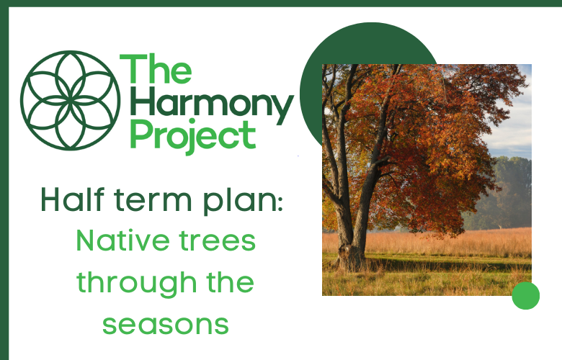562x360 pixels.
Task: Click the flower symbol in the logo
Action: (x=70, y=100)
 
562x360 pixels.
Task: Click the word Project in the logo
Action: (x=192, y=136)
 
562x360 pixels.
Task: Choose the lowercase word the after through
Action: (x=231, y=282)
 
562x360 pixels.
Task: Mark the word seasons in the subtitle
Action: (x=166, y=324)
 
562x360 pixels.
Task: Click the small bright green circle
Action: (x=525, y=295)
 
